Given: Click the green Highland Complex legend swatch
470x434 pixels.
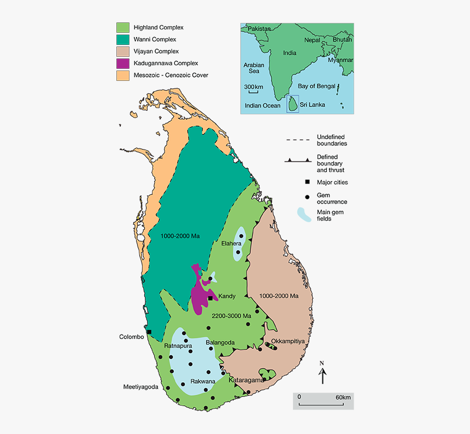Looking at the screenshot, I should click(x=122, y=27).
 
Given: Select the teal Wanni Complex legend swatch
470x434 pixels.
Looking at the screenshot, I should click(x=122, y=39).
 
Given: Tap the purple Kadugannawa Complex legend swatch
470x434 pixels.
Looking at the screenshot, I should click(x=122, y=63).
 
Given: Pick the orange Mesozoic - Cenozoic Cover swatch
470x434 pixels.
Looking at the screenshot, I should click(x=122, y=75).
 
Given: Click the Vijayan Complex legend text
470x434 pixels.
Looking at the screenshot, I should click(x=156, y=51).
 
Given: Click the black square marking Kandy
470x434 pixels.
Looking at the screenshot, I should click(x=210, y=298).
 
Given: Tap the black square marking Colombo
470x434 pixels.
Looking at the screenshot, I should click(x=149, y=332).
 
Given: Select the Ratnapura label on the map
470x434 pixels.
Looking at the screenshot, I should click(x=178, y=346).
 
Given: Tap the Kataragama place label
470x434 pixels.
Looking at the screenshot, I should click(x=246, y=380).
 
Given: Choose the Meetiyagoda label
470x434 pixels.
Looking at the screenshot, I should click(x=140, y=387).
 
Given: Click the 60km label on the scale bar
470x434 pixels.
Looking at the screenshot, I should click(x=343, y=396).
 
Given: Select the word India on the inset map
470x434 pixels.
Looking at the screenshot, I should click(x=290, y=53).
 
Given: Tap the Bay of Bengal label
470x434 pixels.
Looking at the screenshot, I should click(x=316, y=86).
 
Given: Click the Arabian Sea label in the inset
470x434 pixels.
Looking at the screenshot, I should click(x=254, y=68).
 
